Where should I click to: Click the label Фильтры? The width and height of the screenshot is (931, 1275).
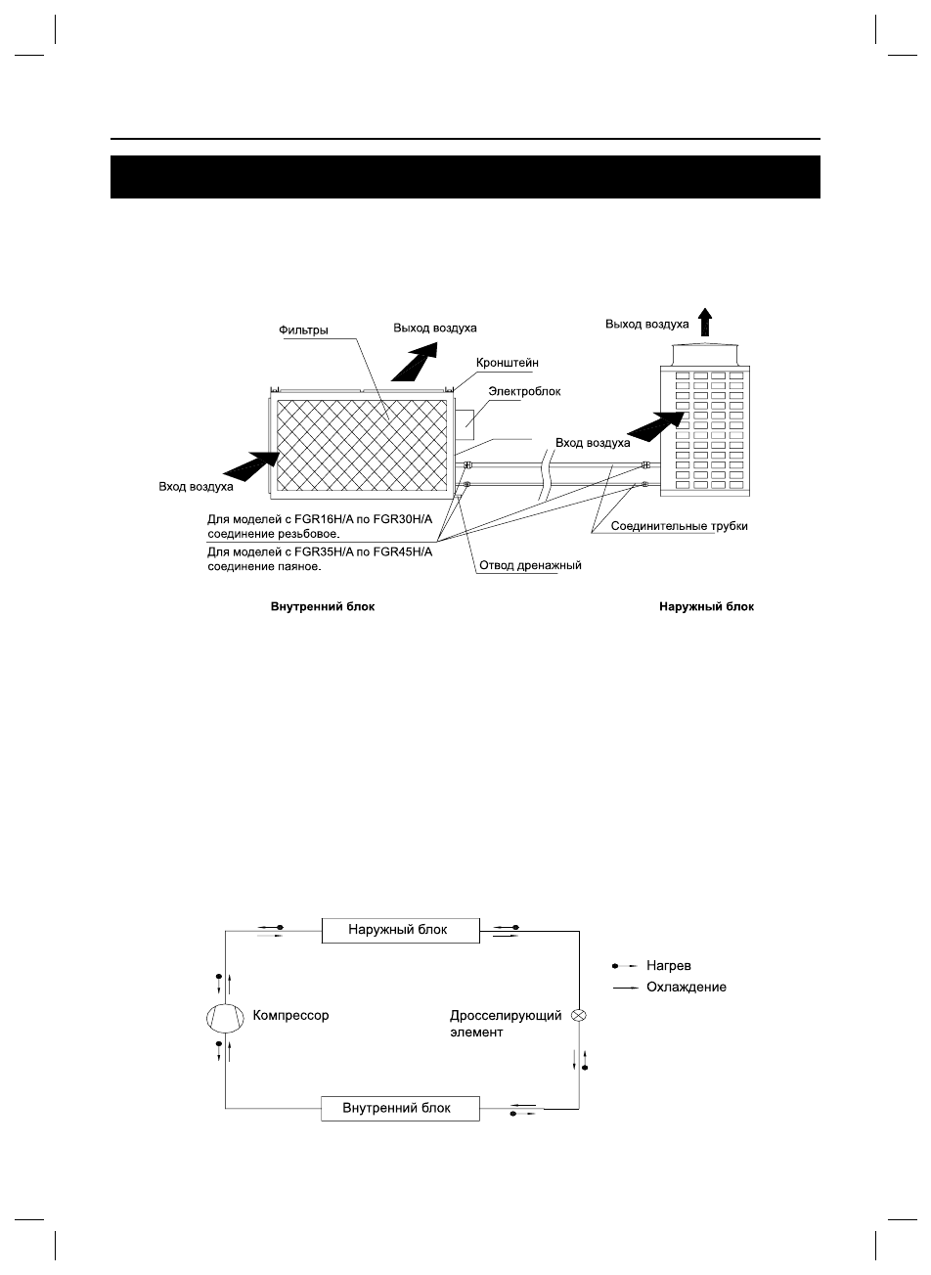point(303,330)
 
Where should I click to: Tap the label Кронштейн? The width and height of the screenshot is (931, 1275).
point(507,363)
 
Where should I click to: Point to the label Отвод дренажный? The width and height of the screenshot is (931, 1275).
point(529,566)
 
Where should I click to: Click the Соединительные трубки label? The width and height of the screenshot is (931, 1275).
point(679,526)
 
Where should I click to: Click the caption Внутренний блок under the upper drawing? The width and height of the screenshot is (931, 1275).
point(323,606)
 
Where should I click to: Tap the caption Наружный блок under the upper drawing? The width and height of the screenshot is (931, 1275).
point(705,606)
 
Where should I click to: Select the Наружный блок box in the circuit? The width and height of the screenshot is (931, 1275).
point(401,930)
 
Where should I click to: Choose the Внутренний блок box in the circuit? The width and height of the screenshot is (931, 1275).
point(401,1109)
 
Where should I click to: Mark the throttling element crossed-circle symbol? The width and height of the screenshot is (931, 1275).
point(579,1016)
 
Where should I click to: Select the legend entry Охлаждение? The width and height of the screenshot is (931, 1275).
point(686,988)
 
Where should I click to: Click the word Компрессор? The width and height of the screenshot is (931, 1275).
point(291,1016)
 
